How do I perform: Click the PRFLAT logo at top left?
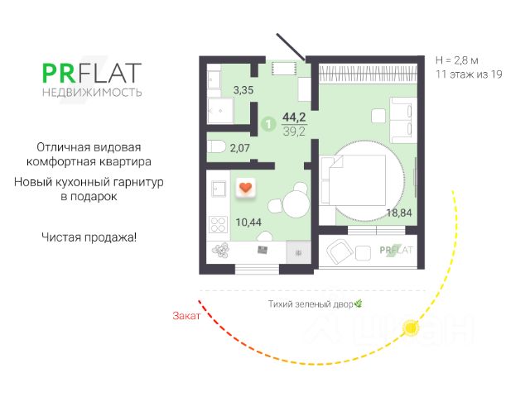[91, 73]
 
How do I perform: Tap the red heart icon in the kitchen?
[245, 189]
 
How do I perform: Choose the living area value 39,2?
[294, 130]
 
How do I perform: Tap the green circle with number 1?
[267, 124]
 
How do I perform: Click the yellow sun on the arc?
[409, 329]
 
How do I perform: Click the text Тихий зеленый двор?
[311, 304]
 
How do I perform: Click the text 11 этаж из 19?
[469, 74]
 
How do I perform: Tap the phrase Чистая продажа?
[89, 237]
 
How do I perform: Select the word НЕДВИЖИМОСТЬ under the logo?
[91, 92]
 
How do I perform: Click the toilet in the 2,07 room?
[218, 146]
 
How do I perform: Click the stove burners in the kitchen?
[218, 225]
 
